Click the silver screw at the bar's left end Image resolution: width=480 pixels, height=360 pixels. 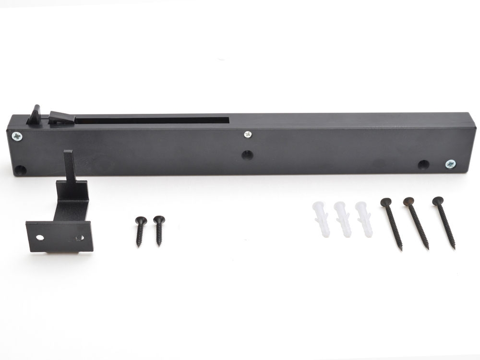tap(18, 136)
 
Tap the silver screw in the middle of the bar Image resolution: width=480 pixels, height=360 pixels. tap(248, 135)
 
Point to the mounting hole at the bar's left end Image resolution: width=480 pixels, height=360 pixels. tap(20, 170)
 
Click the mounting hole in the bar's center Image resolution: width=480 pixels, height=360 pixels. tap(247, 155)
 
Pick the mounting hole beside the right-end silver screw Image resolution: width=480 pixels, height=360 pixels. tap(423, 165)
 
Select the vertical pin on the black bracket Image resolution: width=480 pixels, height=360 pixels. tap(68, 166)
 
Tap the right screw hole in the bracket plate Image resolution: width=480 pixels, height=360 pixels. tap(81, 238)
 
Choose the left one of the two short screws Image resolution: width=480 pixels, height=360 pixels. tap(140, 231)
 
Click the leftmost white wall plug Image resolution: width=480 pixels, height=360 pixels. tap(320, 218)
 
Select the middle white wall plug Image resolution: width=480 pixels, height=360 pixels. tap(342, 219)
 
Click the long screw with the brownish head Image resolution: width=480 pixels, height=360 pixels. tap(417, 222)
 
